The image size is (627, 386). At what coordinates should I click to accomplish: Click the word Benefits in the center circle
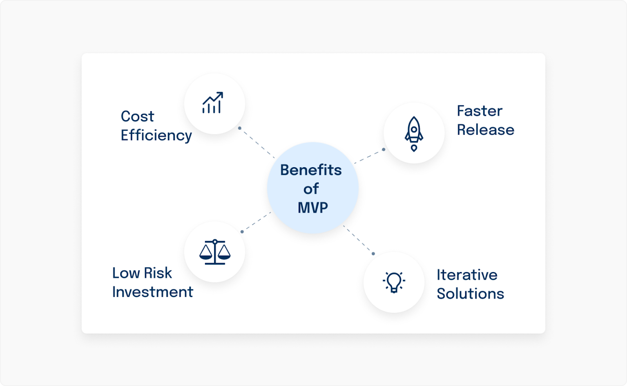point(311,170)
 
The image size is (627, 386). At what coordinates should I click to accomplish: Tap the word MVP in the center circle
point(313,207)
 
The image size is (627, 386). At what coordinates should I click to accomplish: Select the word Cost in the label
point(137,116)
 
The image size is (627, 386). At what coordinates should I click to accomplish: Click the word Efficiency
point(156,135)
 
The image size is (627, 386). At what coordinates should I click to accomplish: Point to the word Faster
point(479,111)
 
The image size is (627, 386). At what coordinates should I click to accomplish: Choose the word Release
point(486,130)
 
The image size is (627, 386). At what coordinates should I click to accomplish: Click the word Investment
point(152,292)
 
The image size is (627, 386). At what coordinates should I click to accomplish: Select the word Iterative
point(467,275)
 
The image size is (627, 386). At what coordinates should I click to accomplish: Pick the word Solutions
point(470,294)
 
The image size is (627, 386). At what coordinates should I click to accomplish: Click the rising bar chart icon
point(213,103)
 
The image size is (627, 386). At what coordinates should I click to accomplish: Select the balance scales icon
point(215,252)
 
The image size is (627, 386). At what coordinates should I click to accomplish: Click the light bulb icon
point(394,282)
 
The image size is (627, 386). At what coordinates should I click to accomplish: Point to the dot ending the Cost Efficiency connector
point(239,128)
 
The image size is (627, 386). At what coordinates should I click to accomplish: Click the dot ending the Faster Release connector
point(384,149)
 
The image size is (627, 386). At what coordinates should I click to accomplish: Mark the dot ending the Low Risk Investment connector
point(242,232)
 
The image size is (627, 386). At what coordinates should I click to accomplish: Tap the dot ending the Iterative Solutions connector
point(373,254)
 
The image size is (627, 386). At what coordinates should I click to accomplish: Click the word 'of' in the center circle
point(311,189)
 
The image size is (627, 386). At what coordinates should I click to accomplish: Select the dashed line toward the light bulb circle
point(358,239)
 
